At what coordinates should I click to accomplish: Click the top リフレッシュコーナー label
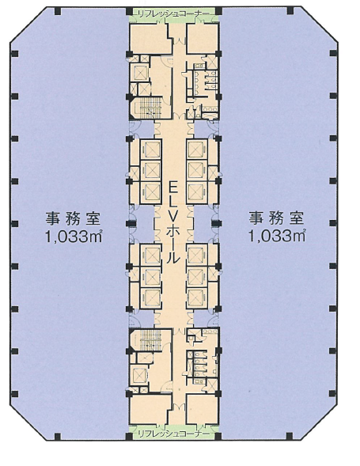[x=173, y=13]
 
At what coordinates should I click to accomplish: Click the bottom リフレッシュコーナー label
[x=173, y=434]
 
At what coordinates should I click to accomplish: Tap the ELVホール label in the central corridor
[x=173, y=223]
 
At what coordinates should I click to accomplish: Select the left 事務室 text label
[x=73, y=218]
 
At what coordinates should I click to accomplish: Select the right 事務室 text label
[x=276, y=218]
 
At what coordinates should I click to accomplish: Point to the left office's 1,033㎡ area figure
[x=74, y=237]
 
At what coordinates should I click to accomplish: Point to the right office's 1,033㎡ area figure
[x=277, y=237]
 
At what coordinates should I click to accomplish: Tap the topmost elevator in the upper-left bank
[x=153, y=150]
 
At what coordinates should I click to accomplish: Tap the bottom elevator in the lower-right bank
[x=197, y=297]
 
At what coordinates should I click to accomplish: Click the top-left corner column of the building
[x=58, y=12]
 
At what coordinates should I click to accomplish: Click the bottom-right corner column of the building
[x=290, y=436]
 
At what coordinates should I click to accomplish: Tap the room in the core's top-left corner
[x=150, y=39]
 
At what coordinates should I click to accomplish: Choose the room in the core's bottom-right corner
[x=202, y=409]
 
